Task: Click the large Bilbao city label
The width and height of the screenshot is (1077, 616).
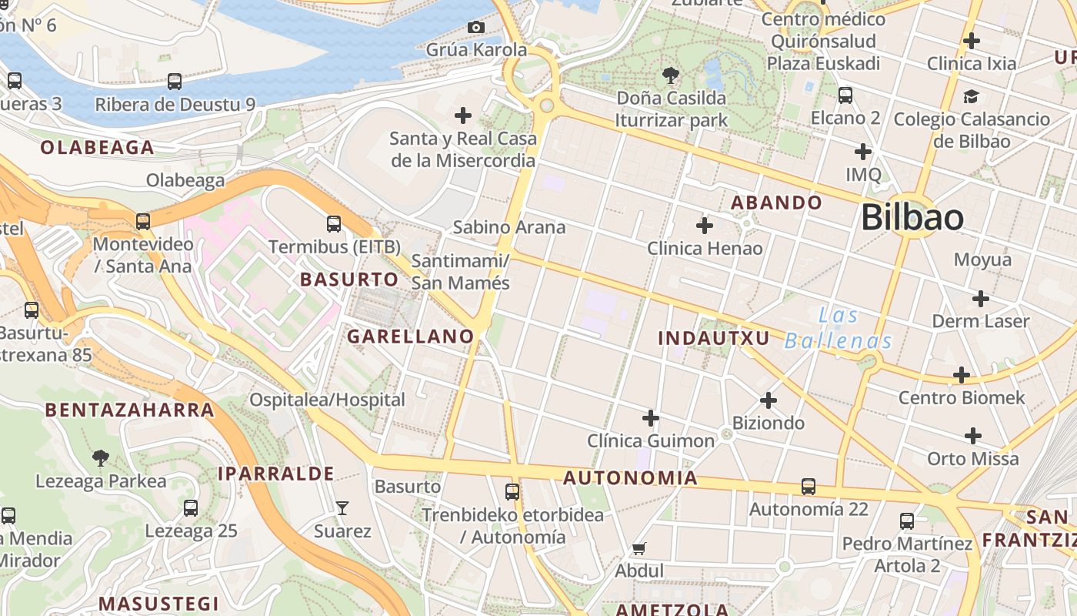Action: point(912,218)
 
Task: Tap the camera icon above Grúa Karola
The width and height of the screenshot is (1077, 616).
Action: point(476,28)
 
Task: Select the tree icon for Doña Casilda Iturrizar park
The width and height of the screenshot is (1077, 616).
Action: point(670,75)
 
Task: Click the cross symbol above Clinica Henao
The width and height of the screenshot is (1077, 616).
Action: point(704,226)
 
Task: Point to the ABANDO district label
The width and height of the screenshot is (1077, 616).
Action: point(776,203)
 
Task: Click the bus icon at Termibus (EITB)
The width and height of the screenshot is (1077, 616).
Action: point(334,224)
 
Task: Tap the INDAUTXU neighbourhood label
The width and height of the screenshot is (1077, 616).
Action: point(714,338)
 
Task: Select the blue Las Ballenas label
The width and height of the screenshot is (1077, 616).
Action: point(839,328)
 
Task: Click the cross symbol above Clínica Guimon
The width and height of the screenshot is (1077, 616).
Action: point(651,418)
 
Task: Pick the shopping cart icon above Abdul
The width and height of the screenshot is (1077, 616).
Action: point(639,549)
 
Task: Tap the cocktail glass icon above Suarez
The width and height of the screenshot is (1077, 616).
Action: point(342,508)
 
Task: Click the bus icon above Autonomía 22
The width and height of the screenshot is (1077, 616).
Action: point(808,487)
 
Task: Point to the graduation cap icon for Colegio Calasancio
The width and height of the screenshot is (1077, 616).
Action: point(971,97)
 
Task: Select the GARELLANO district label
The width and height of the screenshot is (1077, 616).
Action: point(410,336)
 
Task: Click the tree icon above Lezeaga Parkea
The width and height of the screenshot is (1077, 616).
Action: point(100,458)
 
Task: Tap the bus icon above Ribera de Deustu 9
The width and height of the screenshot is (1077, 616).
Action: point(175,82)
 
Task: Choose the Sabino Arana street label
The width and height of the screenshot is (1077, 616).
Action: point(508,227)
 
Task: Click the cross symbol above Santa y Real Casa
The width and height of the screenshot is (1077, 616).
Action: point(462,115)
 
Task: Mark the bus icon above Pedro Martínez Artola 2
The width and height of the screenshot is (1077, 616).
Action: point(907,521)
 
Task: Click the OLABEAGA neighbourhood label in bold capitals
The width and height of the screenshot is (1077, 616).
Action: point(97,148)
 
